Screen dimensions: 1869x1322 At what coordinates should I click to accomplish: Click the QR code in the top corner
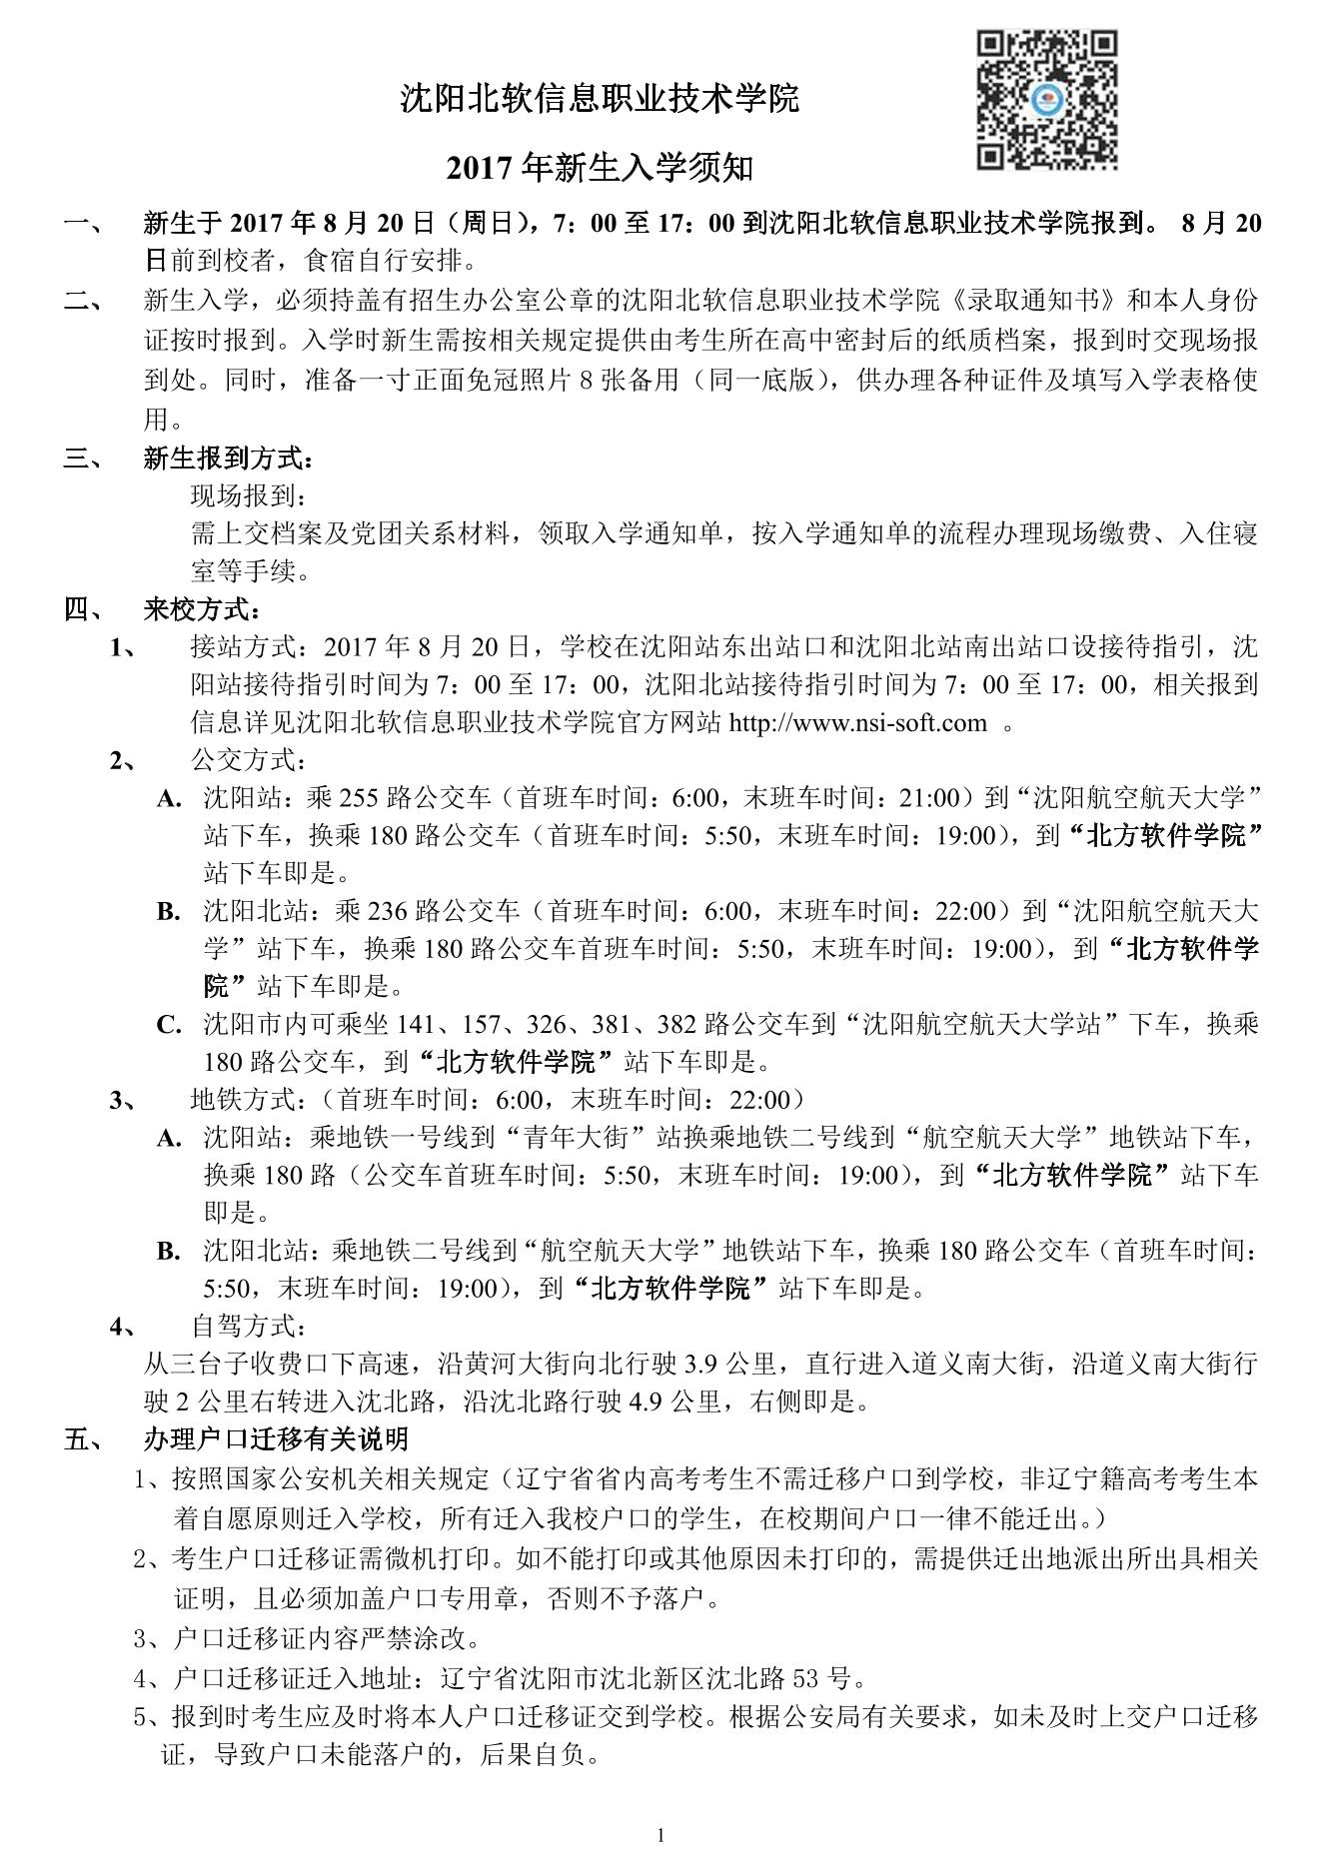(x=1046, y=100)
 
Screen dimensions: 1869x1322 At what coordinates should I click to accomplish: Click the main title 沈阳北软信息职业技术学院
(x=600, y=99)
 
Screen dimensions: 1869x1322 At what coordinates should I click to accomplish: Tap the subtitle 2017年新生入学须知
(x=600, y=170)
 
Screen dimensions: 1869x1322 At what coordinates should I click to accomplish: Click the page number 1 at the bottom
(x=661, y=1834)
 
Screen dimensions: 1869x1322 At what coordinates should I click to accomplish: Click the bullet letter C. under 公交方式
(x=169, y=1024)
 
